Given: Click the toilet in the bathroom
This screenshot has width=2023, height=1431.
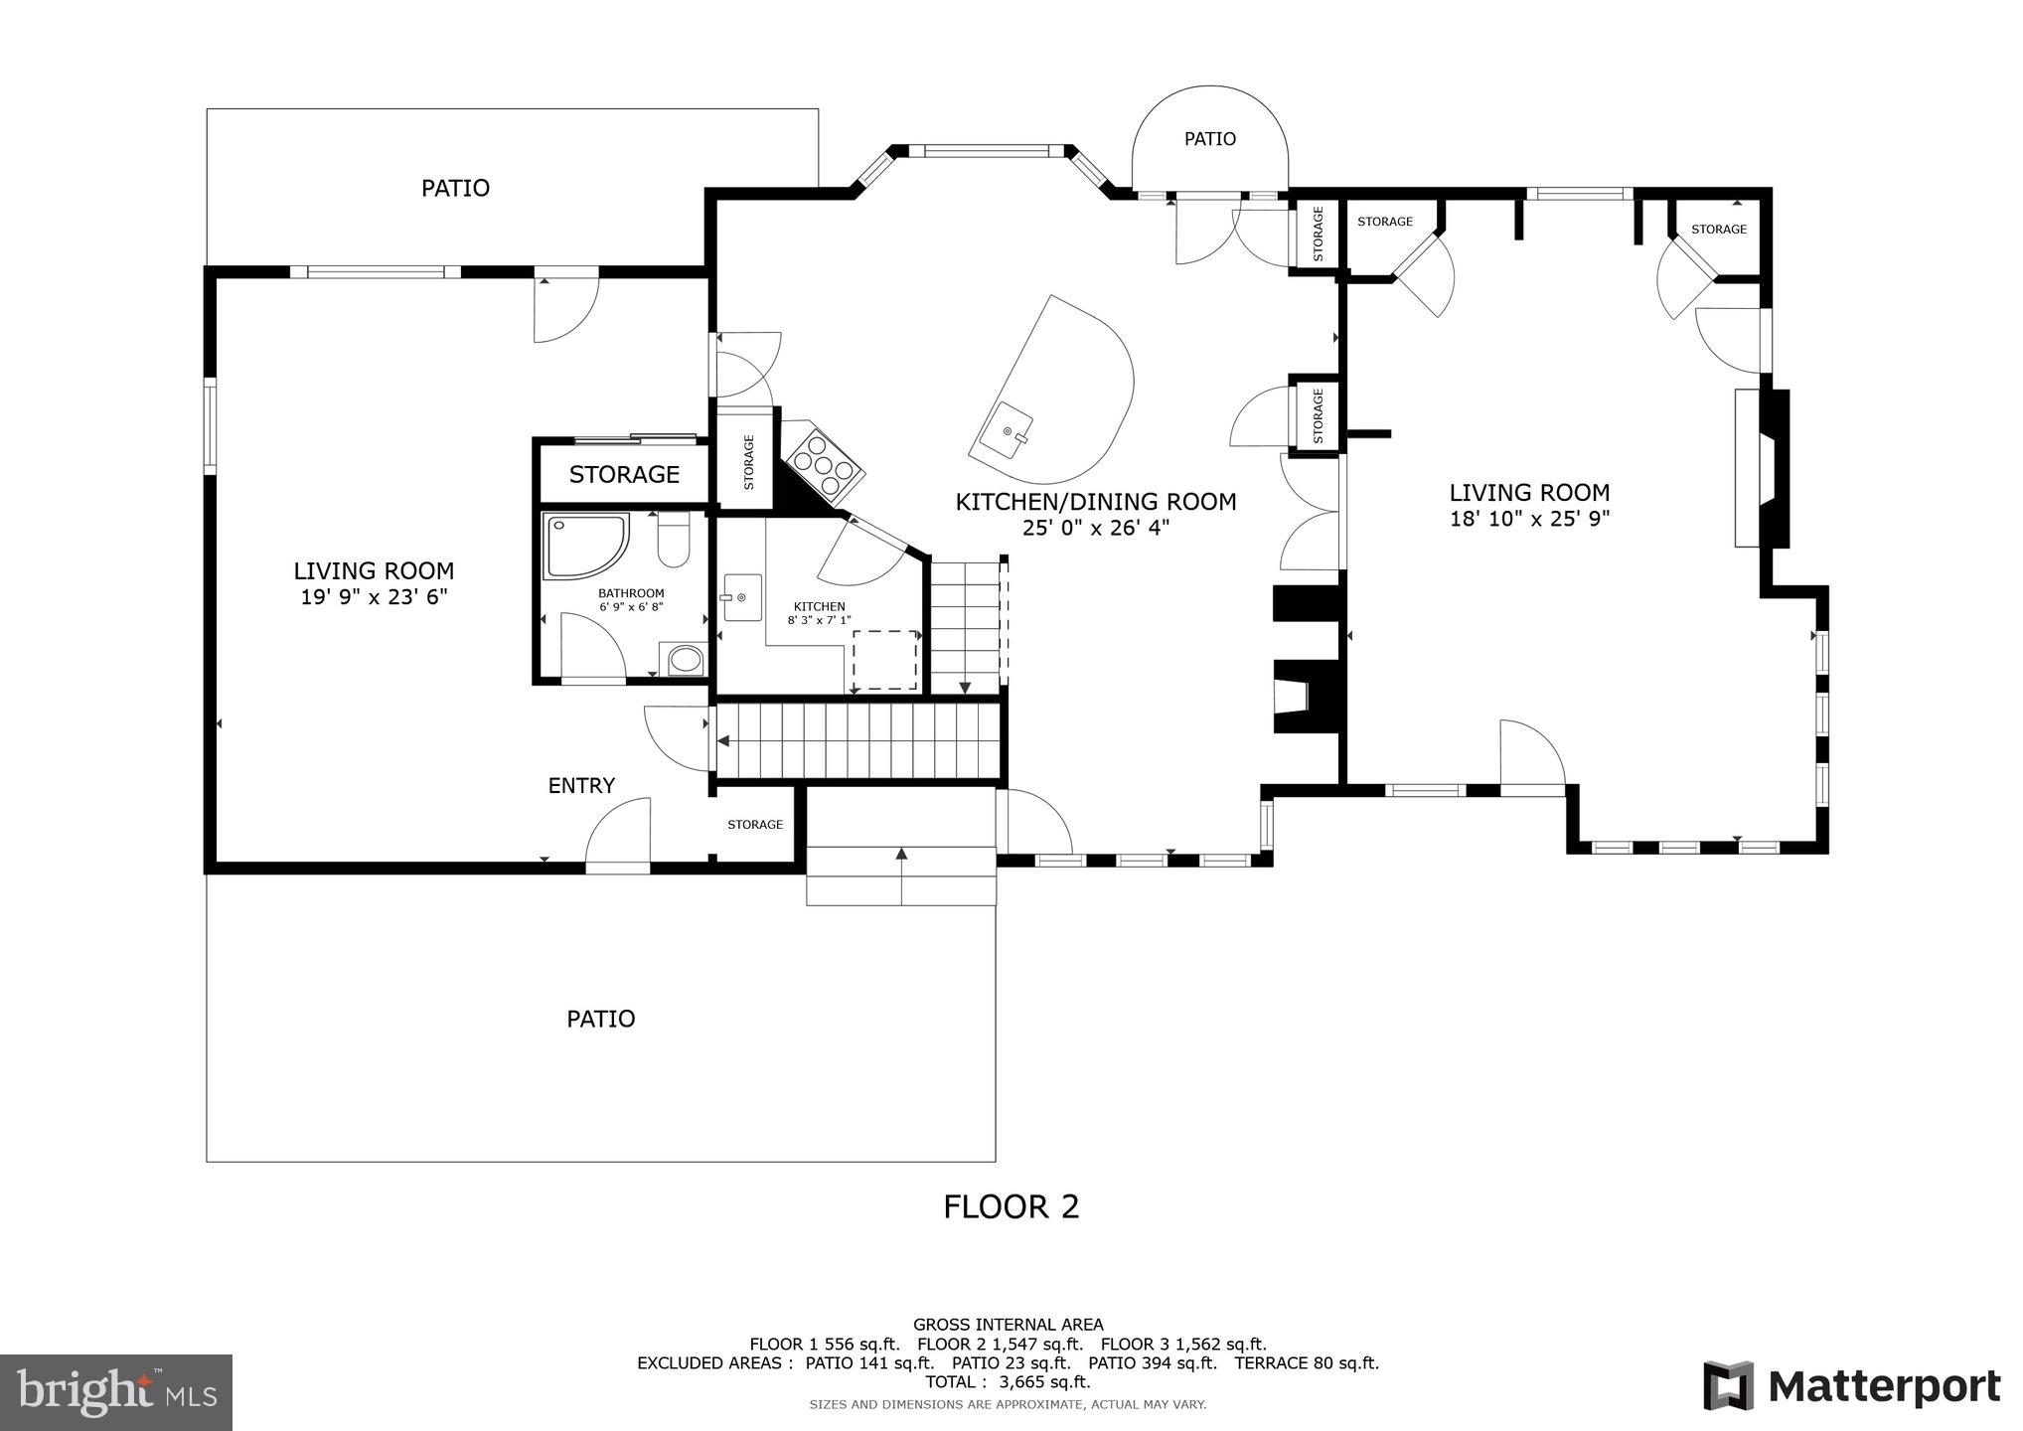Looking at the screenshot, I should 674,541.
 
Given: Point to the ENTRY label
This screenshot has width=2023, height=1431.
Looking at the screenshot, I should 581,786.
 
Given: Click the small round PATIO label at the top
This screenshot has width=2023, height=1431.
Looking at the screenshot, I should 1209,139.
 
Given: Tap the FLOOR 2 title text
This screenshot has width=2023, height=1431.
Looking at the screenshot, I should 1011,1206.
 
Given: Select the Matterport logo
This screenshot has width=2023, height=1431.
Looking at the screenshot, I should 1852,1386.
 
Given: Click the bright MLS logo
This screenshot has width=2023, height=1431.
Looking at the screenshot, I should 116,1391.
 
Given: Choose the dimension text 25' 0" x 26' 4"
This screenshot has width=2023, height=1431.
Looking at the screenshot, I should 1096,528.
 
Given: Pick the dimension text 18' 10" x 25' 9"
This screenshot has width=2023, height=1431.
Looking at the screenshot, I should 1529,518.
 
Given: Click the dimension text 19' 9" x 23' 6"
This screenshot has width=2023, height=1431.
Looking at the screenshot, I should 374,596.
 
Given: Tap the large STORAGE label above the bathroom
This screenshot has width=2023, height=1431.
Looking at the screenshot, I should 624,475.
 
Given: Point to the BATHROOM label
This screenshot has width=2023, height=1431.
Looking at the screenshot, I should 631,593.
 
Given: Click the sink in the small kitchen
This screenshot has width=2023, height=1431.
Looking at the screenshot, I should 741,597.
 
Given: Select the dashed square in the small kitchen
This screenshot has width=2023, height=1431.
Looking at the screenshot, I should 884,659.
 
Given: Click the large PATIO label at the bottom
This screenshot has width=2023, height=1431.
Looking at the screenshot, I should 600,1019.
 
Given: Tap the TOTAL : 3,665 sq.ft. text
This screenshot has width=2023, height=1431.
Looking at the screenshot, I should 1008,1381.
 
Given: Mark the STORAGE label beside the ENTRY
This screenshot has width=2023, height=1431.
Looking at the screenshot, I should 755,824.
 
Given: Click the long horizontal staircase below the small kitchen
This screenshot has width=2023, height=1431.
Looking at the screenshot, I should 857,740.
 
